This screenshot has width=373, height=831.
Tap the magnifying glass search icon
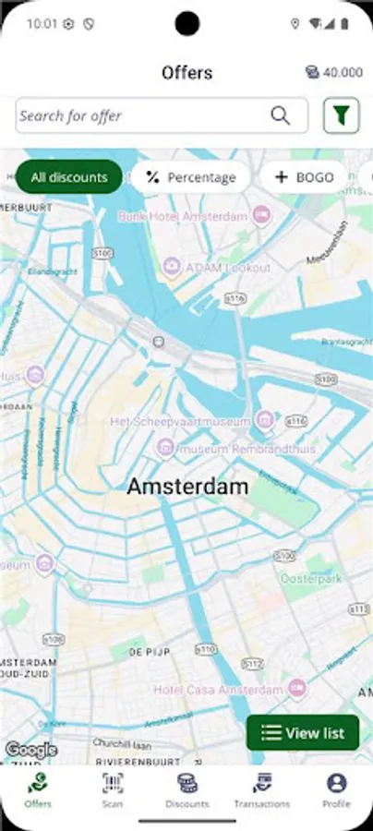[280, 115]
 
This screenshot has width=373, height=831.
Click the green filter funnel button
[341, 115]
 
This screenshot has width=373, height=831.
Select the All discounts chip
[69, 176]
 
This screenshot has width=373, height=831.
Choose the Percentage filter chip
[190, 176]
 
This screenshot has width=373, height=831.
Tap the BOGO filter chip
[304, 176]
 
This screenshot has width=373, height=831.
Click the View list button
[302, 733]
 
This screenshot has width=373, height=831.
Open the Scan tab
[112, 790]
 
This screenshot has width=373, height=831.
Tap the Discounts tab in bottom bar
[186, 790]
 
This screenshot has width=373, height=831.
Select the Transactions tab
[261, 790]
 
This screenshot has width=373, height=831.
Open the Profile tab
[336, 790]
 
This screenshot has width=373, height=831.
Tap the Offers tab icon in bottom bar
[38, 784]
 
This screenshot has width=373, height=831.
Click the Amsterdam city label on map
[187, 486]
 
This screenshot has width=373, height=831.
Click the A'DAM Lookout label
[227, 268]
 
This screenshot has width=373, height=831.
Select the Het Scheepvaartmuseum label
[180, 421]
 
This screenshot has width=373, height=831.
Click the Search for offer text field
[138, 115]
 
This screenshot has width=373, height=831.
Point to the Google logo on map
[30, 750]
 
